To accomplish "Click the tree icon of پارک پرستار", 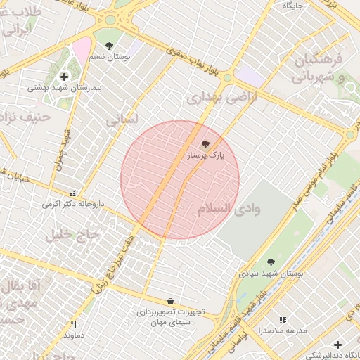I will click(x=205, y=144).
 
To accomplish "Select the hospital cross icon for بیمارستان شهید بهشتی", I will click(x=65, y=77).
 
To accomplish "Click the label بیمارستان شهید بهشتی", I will click(x=65, y=89).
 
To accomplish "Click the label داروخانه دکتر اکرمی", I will click(x=72, y=204).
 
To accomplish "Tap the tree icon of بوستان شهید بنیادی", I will click(x=271, y=263).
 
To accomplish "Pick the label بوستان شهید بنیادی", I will click(x=270, y=274).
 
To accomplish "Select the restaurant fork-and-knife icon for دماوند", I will click(x=74, y=324).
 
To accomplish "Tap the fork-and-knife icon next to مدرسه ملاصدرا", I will click(x=283, y=320).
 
